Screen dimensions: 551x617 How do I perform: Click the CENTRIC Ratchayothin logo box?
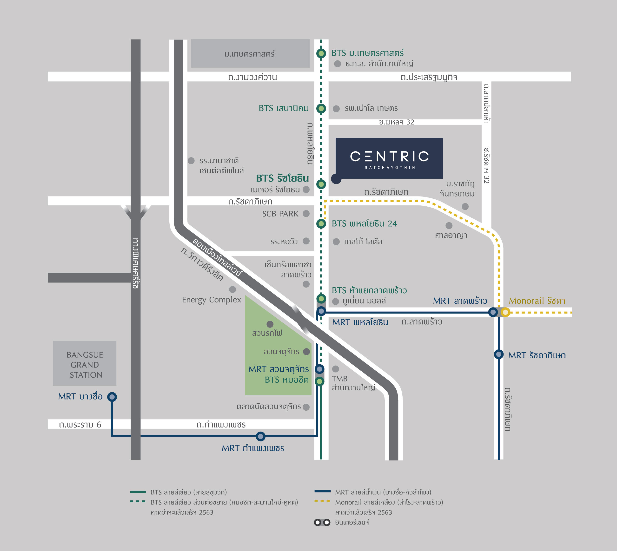click(x=389, y=158)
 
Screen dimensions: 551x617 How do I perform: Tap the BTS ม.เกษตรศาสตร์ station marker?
click(x=321, y=54)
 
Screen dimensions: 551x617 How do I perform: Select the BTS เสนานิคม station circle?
click(x=321, y=108)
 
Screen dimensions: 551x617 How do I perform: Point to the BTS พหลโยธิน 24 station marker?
click(x=321, y=224)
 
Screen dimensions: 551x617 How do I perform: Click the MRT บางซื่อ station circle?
click(x=112, y=397)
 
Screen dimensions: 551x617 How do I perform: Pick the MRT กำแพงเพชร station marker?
click(x=260, y=436)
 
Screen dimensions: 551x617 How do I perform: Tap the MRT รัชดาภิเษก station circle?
click(x=498, y=354)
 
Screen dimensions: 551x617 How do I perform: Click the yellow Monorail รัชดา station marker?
click(x=505, y=312)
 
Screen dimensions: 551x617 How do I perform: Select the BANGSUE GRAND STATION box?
click(x=85, y=363)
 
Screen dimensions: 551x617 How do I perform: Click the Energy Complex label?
click(x=212, y=300)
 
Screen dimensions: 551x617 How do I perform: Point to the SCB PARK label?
click(x=280, y=214)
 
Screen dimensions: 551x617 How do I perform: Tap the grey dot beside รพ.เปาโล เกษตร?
click(x=336, y=109)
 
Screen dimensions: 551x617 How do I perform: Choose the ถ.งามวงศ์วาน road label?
click(x=252, y=77)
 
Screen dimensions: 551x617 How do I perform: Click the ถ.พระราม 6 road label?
click(x=80, y=425)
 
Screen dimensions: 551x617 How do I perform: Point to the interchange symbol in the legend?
click(x=322, y=522)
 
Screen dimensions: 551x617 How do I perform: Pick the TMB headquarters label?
click(x=353, y=383)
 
